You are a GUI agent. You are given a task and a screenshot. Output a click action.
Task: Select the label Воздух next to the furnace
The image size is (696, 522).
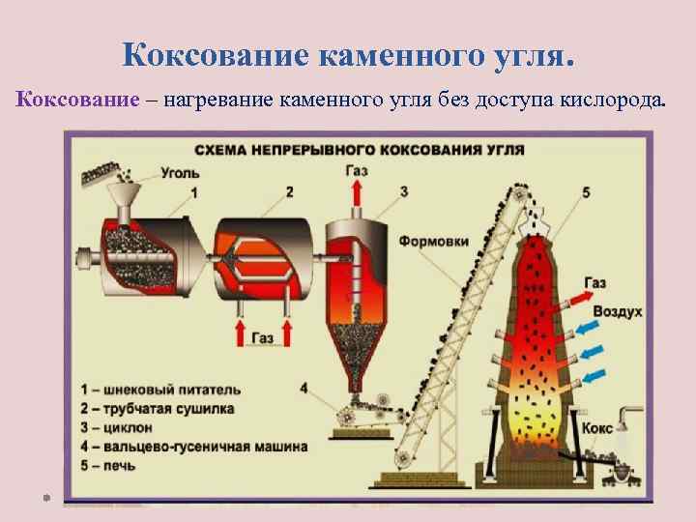pos(617,312)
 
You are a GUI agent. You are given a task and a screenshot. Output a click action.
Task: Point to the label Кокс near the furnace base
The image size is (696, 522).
pos(596,426)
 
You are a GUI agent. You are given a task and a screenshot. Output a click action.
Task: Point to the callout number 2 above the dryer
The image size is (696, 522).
pos(289,191)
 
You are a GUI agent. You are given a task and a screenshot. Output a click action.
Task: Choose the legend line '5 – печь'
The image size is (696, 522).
pos(116,465)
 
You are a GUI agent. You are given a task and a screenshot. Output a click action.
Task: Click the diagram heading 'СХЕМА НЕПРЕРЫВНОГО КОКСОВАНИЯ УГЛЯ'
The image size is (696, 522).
pos(360,151)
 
